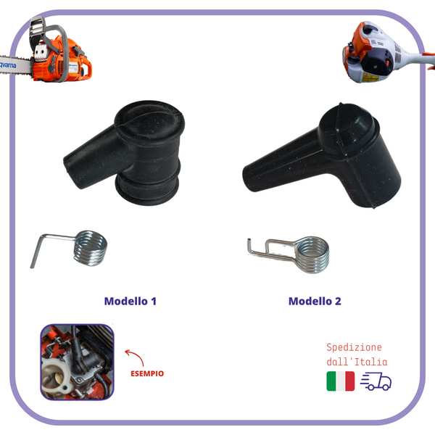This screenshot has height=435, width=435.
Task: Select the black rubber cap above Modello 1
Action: [x=125, y=152]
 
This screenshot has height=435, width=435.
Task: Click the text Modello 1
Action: [x=130, y=302]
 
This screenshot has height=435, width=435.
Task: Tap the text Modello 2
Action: [x=315, y=302]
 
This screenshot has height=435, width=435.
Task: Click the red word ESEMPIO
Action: [x=147, y=373]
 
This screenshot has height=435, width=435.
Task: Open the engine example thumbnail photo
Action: [x=77, y=362]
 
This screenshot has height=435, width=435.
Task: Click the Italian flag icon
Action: [x=341, y=381]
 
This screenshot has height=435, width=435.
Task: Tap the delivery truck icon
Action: [x=376, y=381]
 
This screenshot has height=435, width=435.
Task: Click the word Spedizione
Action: [x=354, y=347]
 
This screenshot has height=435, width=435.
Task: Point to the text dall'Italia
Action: [x=357, y=362]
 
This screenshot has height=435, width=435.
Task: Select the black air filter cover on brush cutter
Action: [x=378, y=63]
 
